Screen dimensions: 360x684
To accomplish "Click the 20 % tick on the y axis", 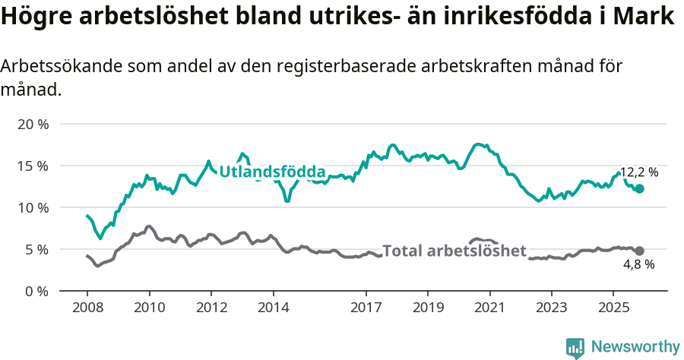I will click(x=33, y=124).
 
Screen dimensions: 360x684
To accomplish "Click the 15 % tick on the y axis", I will click(x=33, y=166).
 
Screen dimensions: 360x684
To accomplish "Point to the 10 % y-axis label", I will click(x=33, y=207).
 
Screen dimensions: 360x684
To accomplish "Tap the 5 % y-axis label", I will click(x=36, y=249).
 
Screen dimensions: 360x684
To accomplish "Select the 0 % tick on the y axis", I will click(x=36, y=291).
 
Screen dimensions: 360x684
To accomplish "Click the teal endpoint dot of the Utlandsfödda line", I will click(x=639, y=189).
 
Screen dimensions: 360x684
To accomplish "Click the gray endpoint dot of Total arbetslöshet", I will click(x=639, y=251).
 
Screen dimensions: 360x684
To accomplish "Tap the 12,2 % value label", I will click(x=638, y=172).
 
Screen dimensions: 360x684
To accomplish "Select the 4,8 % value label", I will click(x=638, y=265).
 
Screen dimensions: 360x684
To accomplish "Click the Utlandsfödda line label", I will click(x=273, y=172).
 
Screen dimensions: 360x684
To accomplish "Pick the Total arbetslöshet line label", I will click(x=454, y=251).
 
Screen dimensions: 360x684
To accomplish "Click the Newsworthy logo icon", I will click(x=575, y=347).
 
